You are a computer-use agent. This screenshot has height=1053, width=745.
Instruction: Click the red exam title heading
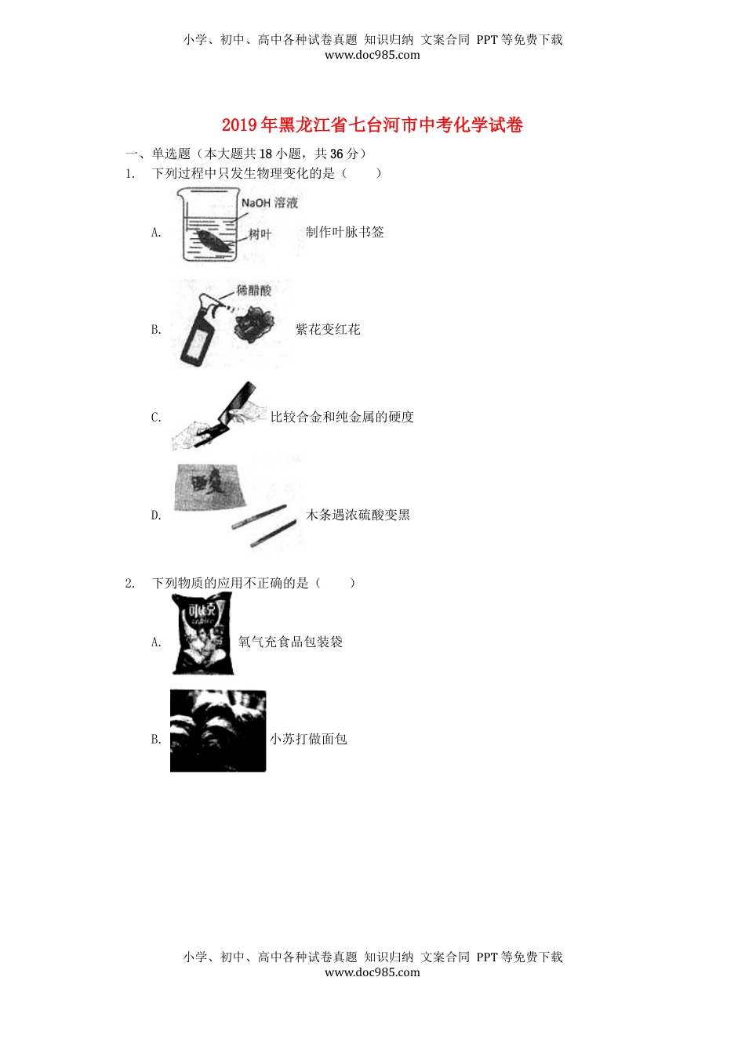point(372,125)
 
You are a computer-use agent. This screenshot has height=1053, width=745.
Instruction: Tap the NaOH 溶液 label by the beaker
point(269,203)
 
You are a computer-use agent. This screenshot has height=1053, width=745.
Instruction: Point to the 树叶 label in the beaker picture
point(260,234)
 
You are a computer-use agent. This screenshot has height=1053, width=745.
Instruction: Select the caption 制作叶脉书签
point(345,232)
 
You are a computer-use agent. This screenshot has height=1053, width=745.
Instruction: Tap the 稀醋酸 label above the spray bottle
point(254,291)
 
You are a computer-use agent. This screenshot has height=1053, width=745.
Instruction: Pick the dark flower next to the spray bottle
point(254,324)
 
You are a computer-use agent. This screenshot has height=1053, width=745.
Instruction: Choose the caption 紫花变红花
point(328,330)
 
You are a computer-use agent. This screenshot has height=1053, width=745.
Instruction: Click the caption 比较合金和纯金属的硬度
point(342,418)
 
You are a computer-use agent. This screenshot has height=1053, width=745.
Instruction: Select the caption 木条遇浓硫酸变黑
point(358,516)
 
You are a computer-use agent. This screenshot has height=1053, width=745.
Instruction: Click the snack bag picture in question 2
point(203,634)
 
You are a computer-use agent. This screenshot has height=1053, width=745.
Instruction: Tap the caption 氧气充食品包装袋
point(290,642)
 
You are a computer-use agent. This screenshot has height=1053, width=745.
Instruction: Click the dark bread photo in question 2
point(218,731)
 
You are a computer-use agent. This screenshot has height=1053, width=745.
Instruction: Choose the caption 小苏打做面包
point(308,740)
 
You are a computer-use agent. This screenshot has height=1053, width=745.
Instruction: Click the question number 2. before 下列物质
point(130,584)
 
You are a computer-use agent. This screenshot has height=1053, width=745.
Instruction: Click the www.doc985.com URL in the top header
point(372,56)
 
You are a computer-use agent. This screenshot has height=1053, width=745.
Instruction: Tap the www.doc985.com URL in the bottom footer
point(372,973)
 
